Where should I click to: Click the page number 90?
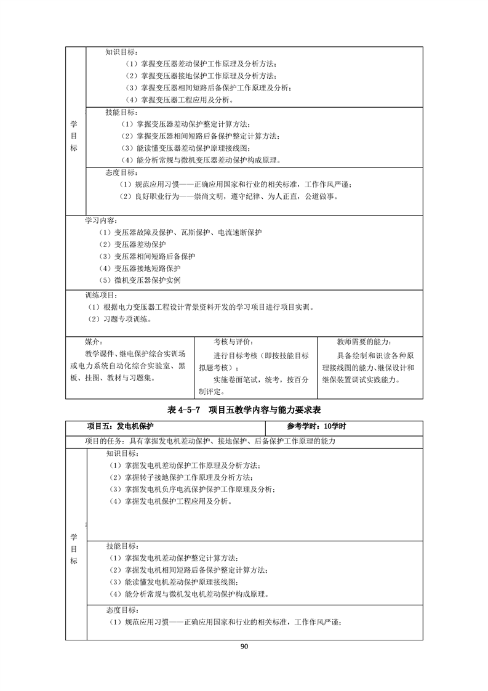click(244, 646)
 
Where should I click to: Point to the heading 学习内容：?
click(102, 220)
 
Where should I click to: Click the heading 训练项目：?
click(102, 294)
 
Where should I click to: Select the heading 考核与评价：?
click(233, 342)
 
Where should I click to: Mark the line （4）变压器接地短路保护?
click(140, 268)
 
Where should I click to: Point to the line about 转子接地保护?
click(180, 477)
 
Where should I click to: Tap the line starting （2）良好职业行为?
click(228, 196)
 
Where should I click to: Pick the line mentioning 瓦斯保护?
click(180, 232)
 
